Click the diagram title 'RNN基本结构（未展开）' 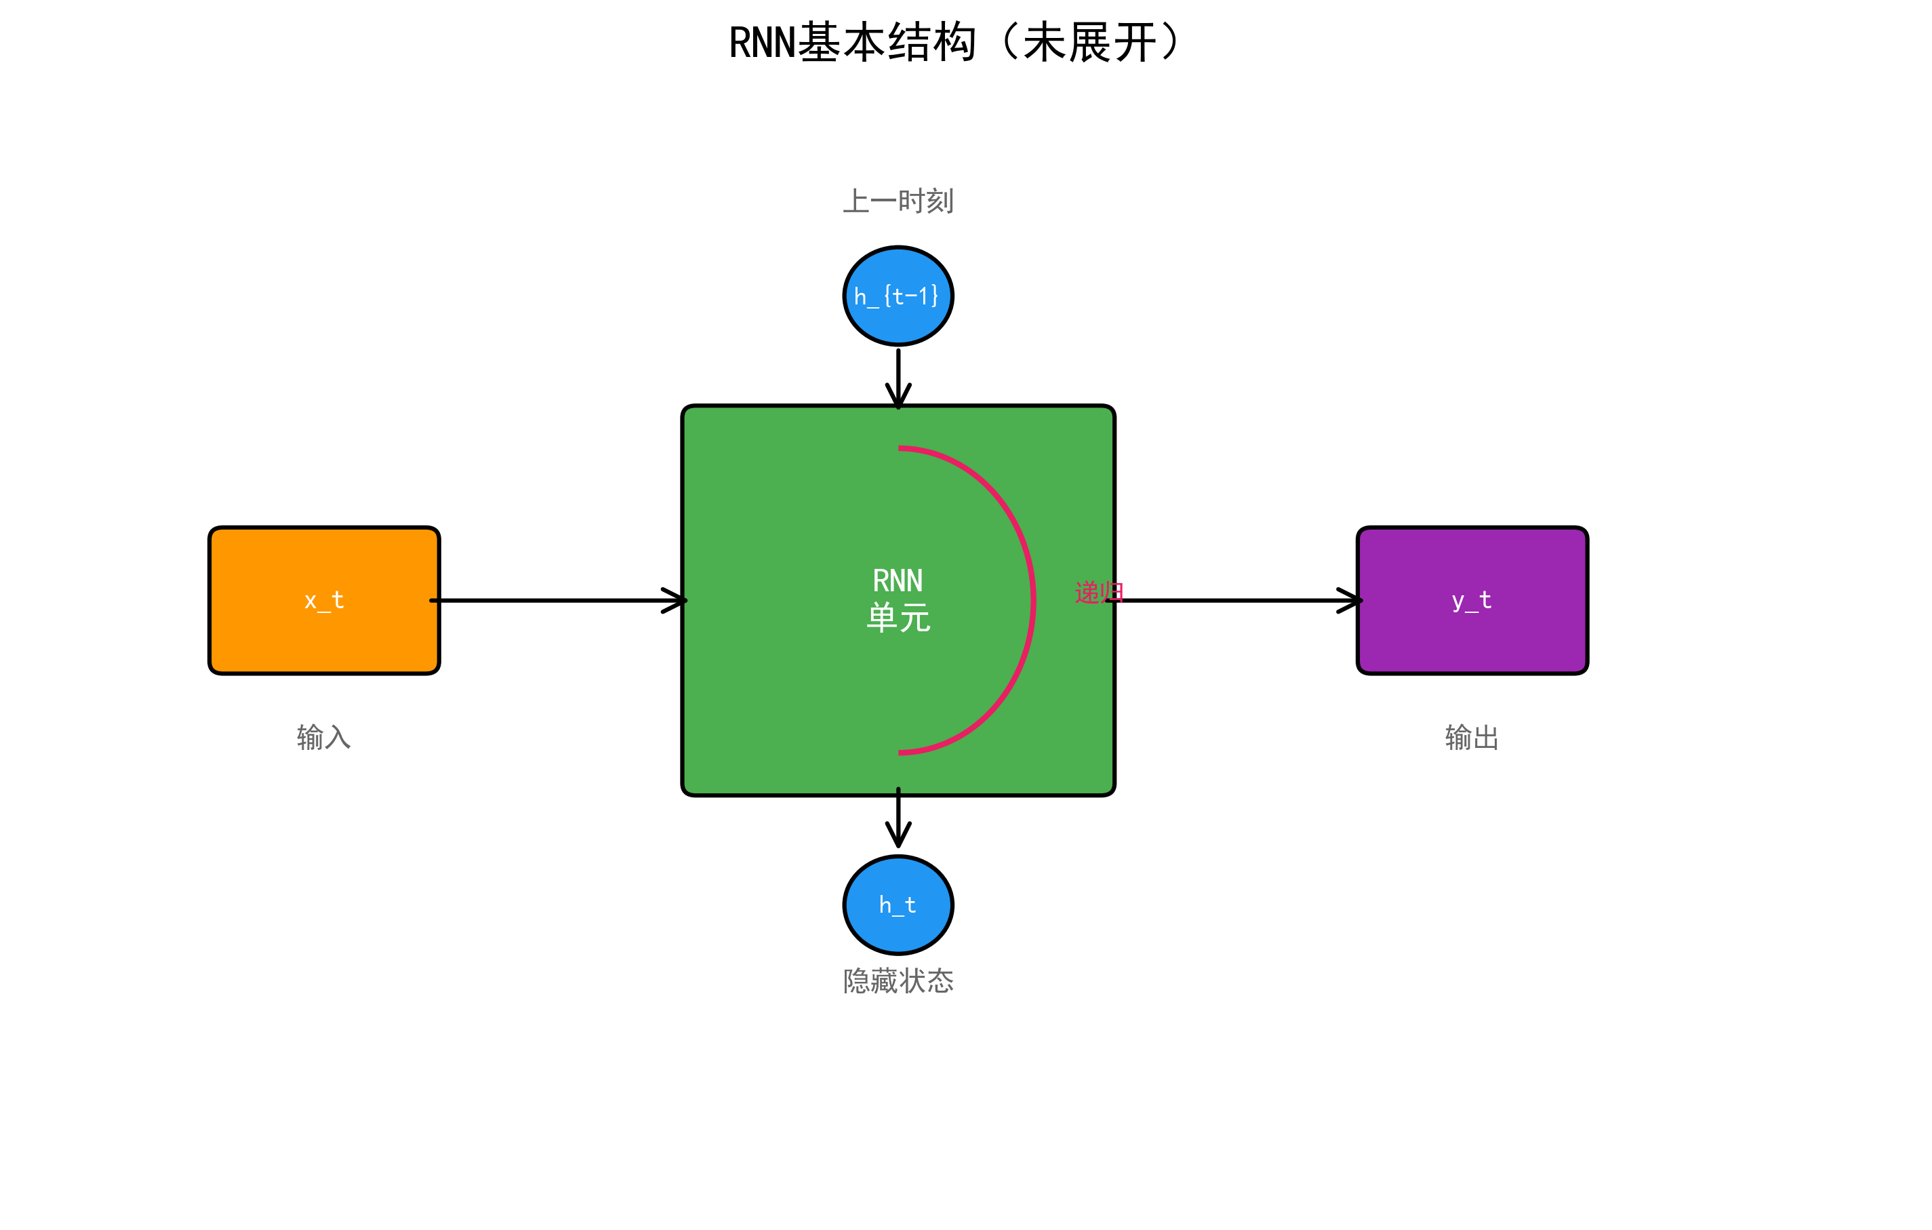[x=954, y=43]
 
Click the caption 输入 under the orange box [x=324, y=736]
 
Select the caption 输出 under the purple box [x=1472, y=736]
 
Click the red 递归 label [x=1098, y=592]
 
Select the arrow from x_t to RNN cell [x=561, y=600]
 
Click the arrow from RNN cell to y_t [x=1236, y=600]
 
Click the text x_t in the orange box [x=324, y=600]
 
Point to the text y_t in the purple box [x=1472, y=600]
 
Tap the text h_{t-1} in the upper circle [x=896, y=296]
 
